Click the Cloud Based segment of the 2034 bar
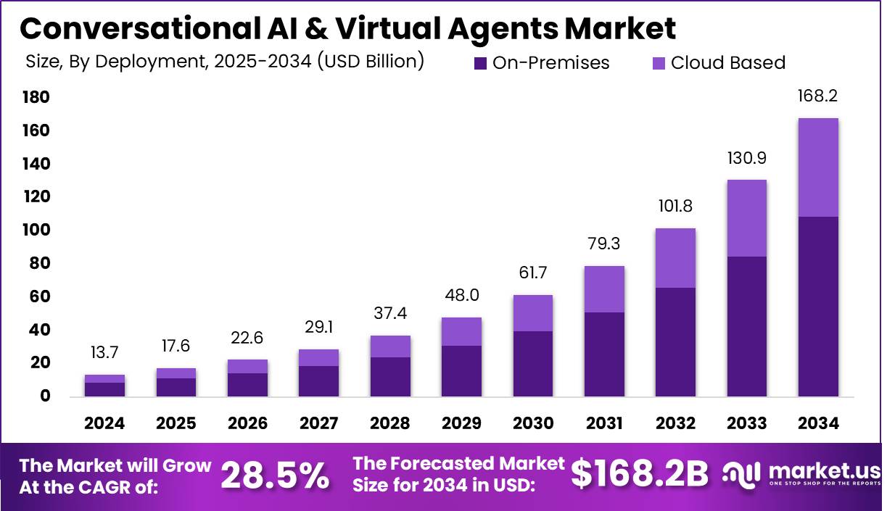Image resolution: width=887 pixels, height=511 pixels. tap(818, 167)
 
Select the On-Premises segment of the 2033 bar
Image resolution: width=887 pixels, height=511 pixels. tap(747, 326)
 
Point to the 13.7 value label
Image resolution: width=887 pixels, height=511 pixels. tap(104, 353)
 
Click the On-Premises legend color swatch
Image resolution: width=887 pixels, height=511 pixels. tap(481, 63)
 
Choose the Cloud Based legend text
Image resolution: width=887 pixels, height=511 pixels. tap(727, 63)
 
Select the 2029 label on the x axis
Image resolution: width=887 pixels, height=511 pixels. tap(461, 423)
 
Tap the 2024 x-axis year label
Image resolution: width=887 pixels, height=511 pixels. tap(104, 423)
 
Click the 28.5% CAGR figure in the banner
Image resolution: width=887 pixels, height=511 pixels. tap(274, 475)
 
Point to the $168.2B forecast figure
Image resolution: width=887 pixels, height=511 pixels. tap(639, 474)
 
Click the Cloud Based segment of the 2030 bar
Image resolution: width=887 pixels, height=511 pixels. tap(532, 313)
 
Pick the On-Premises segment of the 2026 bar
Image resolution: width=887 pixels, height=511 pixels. tap(247, 385)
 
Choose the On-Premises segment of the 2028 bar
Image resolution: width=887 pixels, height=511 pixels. tap(390, 377)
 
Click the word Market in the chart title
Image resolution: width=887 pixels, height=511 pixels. tap(620, 29)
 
